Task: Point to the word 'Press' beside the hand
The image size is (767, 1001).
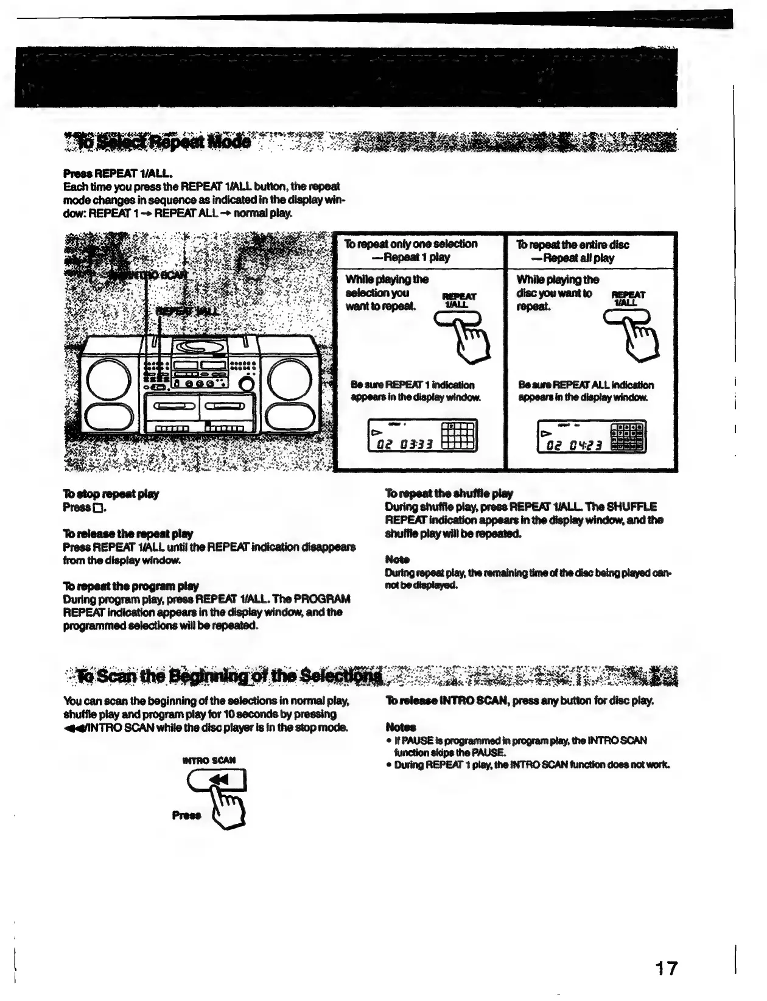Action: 186,815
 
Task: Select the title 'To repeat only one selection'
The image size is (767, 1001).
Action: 411,244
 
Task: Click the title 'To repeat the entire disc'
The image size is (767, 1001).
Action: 573,245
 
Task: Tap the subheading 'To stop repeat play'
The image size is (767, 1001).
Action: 111,494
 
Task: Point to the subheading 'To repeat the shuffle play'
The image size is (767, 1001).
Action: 449,493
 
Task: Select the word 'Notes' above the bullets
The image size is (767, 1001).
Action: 400,727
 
